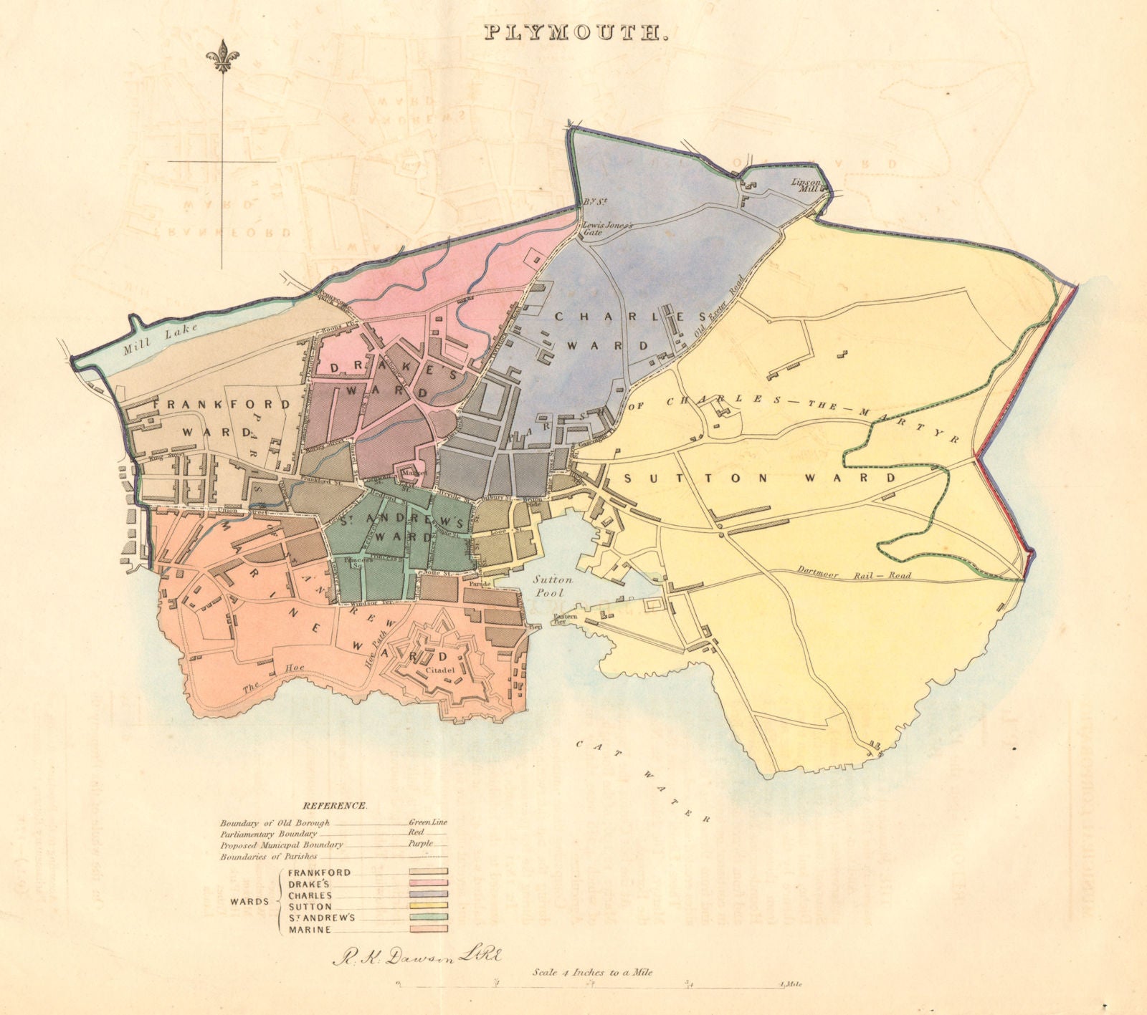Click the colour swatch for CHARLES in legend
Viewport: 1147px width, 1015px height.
click(x=428, y=894)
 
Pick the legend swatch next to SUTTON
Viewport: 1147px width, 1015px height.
click(x=428, y=905)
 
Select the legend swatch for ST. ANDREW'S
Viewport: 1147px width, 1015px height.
click(x=428, y=917)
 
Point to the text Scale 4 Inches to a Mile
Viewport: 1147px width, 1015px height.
click(x=592, y=972)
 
